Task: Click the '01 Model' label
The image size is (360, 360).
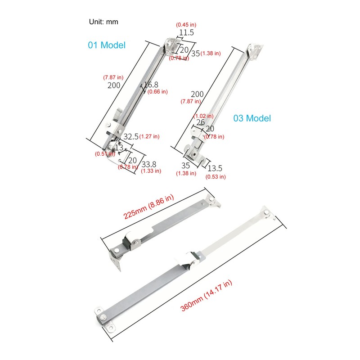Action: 106,45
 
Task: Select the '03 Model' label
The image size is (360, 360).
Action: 252,118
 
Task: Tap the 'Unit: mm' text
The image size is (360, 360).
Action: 104,21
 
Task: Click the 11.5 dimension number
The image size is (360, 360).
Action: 186,32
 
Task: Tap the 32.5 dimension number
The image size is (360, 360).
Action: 131,136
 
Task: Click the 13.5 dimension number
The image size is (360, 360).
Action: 215,168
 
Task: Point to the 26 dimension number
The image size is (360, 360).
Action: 201,122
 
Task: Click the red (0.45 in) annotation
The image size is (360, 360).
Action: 185,24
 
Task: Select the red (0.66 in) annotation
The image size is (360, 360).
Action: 157,91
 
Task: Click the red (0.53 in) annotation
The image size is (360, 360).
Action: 216,176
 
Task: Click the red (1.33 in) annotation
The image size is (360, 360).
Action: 151,171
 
